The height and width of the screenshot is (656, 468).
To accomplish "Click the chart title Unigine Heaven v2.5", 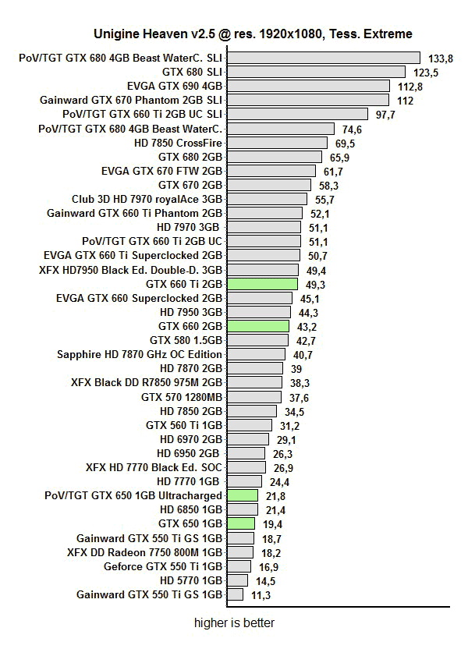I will pos(253,34).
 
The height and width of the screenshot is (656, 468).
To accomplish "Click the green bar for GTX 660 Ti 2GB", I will pos(262,284).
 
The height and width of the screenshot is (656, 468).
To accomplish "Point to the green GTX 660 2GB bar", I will pos(257,326).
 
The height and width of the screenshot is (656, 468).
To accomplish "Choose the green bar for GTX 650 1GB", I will pos(240,523).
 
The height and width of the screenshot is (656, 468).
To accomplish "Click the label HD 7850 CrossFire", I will pos(179,143).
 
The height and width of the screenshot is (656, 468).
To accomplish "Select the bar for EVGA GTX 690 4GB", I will pos(308,86).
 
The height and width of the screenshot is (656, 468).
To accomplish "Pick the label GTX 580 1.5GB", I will pos(186,340).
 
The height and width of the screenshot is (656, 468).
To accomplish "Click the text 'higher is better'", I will pos(234,623).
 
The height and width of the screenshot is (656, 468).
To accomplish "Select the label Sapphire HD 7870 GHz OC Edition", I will pos(140,354).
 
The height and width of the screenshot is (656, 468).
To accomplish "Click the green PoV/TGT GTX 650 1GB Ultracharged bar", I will pos(242,495).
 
